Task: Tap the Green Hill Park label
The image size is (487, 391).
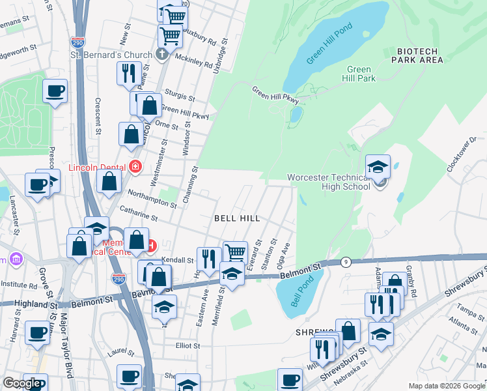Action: tap(360, 74)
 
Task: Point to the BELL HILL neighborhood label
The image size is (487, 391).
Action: tap(238, 218)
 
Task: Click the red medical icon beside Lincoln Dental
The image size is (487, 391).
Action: tap(135, 166)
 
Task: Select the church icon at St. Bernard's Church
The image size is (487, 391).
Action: tap(162, 55)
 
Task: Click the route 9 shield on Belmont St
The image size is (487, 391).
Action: tap(346, 262)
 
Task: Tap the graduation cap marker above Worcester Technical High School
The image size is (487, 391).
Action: tap(378, 167)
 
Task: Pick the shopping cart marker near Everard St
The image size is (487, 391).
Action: tap(234, 252)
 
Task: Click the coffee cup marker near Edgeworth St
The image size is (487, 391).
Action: tap(55, 91)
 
